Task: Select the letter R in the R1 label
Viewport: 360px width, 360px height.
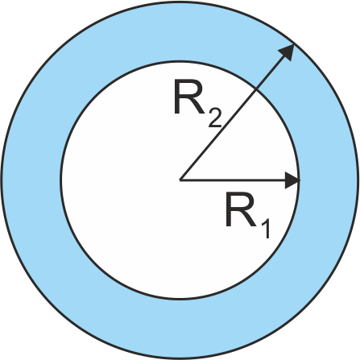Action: (x=241, y=209)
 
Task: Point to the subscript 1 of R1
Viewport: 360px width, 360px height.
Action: (x=265, y=228)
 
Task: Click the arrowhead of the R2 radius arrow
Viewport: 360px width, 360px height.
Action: (x=288, y=52)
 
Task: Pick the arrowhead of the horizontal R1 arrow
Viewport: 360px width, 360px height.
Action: (x=292, y=180)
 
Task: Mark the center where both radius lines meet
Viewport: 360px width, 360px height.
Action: (x=180, y=180)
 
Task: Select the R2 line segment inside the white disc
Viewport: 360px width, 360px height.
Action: (x=218, y=134)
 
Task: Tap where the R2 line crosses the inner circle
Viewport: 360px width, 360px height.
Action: (x=256, y=89)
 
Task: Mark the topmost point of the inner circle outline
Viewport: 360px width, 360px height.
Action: (x=180, y=62)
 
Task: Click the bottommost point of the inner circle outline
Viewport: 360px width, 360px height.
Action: (x=180, y=299)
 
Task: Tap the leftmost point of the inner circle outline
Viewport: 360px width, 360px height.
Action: (x=61, y=180)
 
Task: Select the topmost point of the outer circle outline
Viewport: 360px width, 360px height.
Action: (x=180, y=2)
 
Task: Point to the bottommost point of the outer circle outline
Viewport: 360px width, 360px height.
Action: (x=180, y=358)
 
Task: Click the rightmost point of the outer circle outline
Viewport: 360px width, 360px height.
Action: (x=358, y=180)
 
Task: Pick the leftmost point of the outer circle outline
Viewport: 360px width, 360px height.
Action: (x=2, y=180)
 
